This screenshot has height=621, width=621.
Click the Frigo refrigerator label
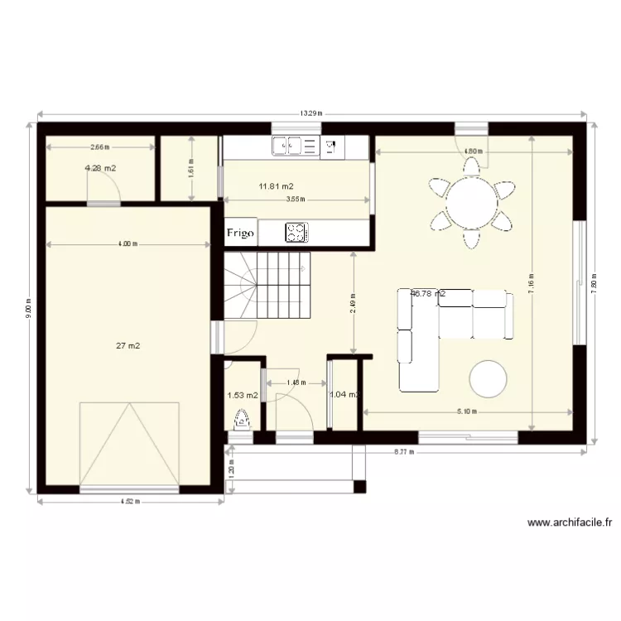[241, 233]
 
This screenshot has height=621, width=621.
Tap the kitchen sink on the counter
[296, 147]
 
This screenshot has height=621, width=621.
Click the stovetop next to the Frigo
[296, 233]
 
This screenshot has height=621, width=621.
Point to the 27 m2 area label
[128, 346]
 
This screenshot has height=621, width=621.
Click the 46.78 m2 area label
[428, 293]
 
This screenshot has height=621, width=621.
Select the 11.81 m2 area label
[276, 186]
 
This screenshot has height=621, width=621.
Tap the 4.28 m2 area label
[100, 169]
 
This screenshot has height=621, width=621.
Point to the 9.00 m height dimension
[28, 306]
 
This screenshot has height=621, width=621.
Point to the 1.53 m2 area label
[242, 396]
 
